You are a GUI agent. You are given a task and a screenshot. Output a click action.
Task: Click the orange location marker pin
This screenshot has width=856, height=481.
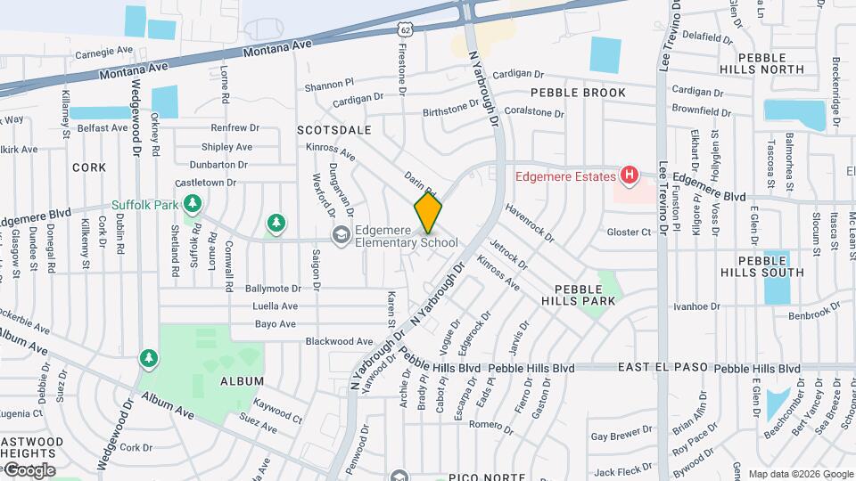pyautogui.click(x=428, y=213)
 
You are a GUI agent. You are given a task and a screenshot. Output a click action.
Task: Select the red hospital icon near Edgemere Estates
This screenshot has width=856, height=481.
pyautogui.click(x=630, y=175)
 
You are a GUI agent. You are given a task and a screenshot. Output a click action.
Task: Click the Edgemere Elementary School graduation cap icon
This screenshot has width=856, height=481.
pyautogui.click(x=340, y=235)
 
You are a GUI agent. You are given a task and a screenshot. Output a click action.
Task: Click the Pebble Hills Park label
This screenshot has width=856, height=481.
pyautogui.click(x=585, y=295)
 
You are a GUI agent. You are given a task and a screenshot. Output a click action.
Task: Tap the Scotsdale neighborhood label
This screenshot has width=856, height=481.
pyautogui.click(x=334, y=130)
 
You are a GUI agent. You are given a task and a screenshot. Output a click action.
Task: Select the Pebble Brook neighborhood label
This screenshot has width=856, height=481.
pyautogui.click(x=578, y=93)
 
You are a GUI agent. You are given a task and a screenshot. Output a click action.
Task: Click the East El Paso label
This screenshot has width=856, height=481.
pyautogui.click(x=662, y=368)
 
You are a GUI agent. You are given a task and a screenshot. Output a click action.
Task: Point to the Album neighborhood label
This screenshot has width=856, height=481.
pyautogui.click(x=243, y=381)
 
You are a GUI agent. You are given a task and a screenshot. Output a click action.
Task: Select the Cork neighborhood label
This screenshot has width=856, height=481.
pyautogui.click(x=89, y=167)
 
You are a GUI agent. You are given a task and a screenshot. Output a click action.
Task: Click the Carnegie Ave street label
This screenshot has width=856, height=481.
pyautogui.click(x=103, y=53)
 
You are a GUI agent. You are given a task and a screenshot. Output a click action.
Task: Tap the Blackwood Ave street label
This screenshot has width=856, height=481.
pyautogui.click(x=339, y=341)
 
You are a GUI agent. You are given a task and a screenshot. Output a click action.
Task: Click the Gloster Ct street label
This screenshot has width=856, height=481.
pyautogui.click(x=630, y=232)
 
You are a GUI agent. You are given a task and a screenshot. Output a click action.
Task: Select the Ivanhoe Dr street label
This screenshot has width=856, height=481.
pyautogui.click(x=696, y=306)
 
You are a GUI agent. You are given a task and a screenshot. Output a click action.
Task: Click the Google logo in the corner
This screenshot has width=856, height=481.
pyautogui.click(x=29, y=469)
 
